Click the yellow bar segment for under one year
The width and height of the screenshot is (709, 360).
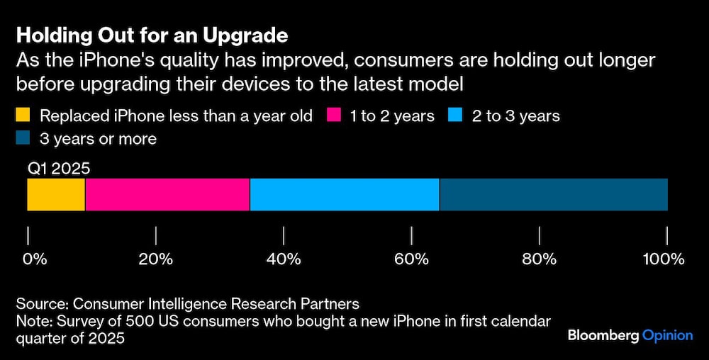point(56,195)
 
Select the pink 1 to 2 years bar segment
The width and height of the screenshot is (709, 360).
point(167,195)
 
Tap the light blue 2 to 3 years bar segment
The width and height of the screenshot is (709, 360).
point(345,195)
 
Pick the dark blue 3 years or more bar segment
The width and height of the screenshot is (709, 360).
point(554,195)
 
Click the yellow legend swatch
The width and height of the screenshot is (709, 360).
point(24,116)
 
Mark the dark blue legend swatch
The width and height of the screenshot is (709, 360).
point(24,138)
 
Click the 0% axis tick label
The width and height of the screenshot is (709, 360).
point(35,259)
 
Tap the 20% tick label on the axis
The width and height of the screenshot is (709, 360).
point(156,259)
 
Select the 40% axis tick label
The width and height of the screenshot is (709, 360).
point(284,259)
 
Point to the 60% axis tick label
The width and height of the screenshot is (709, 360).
point(412,259)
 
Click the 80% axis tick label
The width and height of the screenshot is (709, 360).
point(540,259)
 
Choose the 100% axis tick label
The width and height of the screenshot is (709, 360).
point(664,259)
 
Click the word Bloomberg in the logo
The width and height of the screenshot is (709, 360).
point(603,335)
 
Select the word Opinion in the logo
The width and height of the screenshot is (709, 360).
point(667,335)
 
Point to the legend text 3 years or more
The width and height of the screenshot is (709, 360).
point(99,138)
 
